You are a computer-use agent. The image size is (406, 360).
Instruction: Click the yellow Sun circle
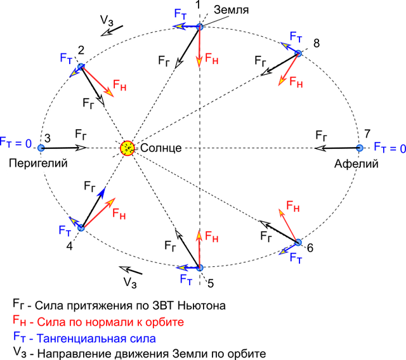128,148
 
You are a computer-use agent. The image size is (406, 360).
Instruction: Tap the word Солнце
160,148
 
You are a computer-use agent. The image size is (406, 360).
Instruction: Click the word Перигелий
38,164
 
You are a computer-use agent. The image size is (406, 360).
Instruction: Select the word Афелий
357,164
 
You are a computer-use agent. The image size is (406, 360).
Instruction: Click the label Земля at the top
231,10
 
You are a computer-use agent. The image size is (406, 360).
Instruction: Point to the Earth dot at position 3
41,148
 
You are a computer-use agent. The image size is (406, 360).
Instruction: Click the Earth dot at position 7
360,148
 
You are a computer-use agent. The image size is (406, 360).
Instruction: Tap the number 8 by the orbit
317,43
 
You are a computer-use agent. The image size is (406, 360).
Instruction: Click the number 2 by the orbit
81,50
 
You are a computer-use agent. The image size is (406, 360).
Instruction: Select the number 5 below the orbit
211,284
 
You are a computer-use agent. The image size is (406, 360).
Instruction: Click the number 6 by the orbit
310,248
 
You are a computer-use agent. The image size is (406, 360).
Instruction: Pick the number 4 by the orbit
69,246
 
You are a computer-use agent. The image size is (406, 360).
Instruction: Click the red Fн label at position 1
211,58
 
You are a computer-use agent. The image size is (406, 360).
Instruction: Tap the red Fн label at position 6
293,207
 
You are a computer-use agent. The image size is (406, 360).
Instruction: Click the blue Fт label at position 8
296,37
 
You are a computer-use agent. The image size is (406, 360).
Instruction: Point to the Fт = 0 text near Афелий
390,148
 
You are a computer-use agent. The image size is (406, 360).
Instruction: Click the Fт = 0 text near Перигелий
15,143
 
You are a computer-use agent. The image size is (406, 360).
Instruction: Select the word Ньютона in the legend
202,305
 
